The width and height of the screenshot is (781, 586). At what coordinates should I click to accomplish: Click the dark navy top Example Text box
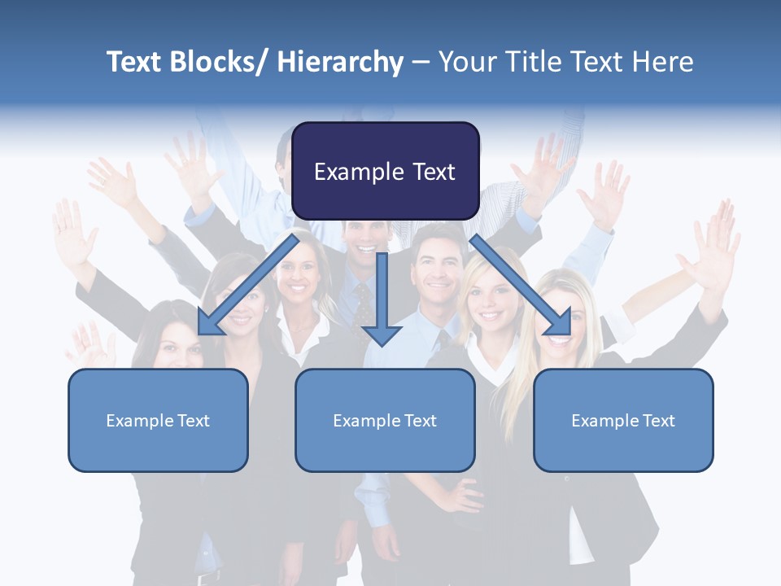(x=385, y=171)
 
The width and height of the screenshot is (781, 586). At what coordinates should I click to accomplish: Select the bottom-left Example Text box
(x=158, y=420)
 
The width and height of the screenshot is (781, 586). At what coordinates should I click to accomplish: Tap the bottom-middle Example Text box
(x=385, y=420)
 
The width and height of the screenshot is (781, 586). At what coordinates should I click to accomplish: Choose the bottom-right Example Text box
(x=623, y=420)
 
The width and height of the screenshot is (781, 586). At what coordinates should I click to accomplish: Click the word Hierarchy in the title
(x=340, y=62)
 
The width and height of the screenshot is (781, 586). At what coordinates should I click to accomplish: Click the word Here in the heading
(x=664, y=62)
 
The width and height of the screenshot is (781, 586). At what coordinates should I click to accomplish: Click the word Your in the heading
(x=466, y=62)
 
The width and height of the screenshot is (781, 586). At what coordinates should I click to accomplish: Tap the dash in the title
(x=421, y=62)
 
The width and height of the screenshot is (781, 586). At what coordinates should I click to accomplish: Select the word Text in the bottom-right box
(x=658, y=421)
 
